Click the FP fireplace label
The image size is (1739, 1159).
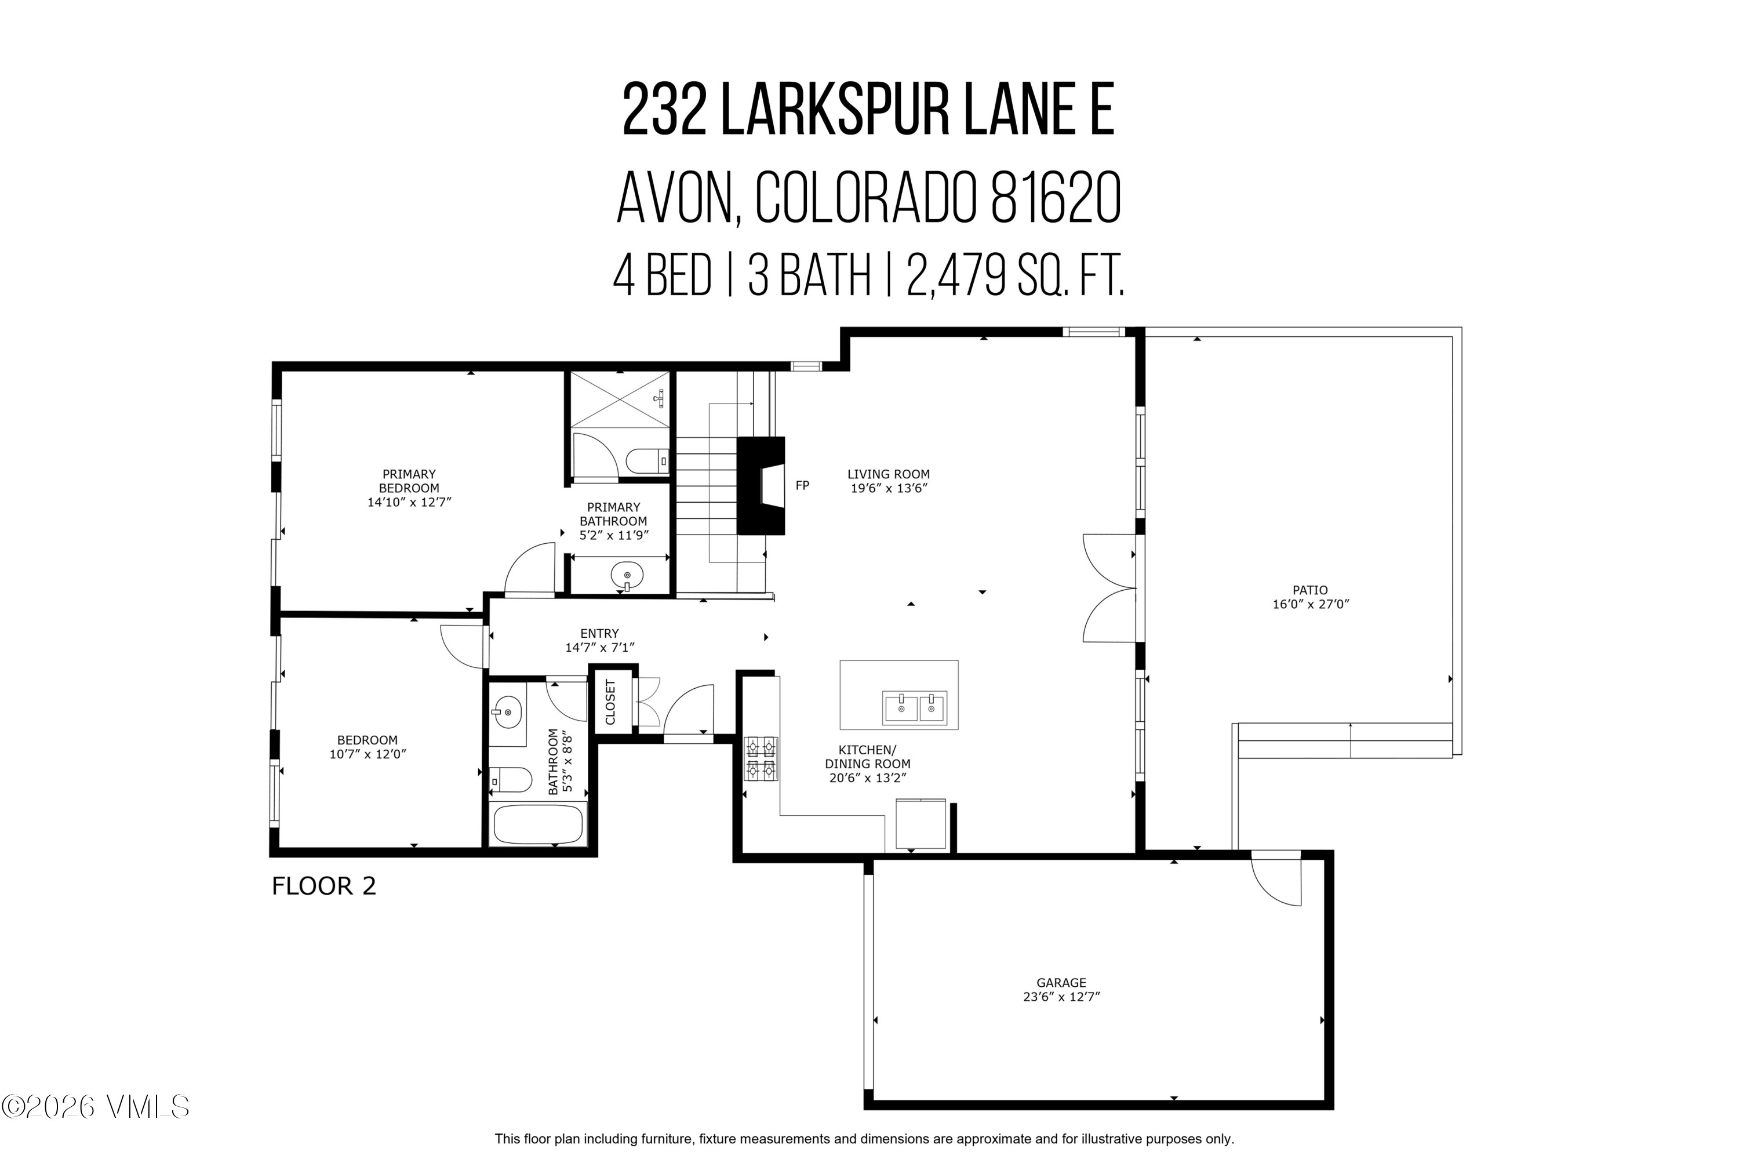801,486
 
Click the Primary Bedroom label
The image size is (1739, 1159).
409,481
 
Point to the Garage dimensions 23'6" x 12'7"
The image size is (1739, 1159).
1061,997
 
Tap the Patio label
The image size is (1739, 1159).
1309,590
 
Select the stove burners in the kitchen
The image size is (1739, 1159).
761,758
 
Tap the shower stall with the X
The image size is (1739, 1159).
620,399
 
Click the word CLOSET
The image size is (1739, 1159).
610,702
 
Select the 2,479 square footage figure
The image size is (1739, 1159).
956,275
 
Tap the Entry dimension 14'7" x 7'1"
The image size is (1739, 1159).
599,648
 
